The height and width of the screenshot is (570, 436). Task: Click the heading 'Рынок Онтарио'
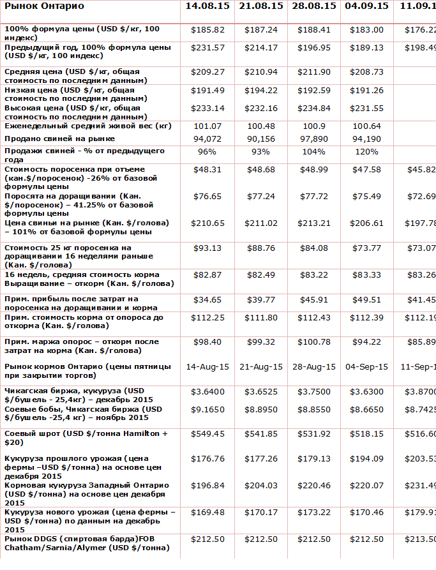pyautogui.click(x=44, y=6)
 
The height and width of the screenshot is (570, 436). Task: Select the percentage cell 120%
pyautogui.click(x=367, y=151)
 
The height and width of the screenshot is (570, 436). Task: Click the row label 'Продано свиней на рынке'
pyautogui.click(x=60, y=139)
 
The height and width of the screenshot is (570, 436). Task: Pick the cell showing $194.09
pyautogui.click(x=367, y=458)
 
